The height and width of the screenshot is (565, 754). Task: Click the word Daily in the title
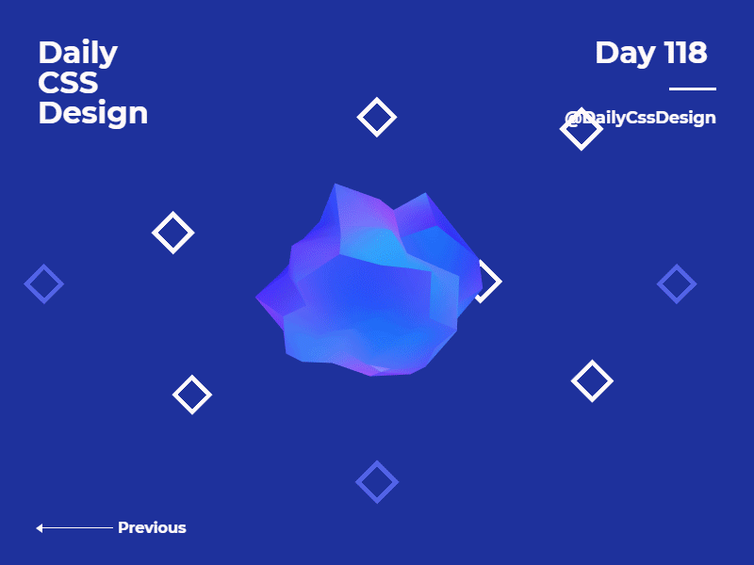(x=77, y=53)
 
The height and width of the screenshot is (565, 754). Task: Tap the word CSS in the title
(x=68, y=83)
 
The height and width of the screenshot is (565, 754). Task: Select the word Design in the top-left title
(x=92, y=113)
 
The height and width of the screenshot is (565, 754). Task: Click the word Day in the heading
(x=625, y=53)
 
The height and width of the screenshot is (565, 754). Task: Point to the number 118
(x=685, y=53)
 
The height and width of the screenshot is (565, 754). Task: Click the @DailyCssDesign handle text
(x=641, y=118)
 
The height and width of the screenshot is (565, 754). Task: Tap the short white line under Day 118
(x=692, y=89)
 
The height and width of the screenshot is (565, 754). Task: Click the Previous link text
(x=152, y=527)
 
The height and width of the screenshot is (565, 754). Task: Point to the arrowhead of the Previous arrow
(x=40, y=528)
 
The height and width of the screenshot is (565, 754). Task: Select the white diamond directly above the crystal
(x=377, y=117)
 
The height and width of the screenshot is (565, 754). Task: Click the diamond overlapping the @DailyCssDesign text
(x=581, y=128)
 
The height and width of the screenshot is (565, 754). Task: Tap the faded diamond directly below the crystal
(x=377, y=482)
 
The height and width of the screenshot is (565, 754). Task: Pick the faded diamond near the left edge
(x=44, y=283)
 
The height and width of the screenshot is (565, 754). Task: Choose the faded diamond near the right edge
(x=677, y=283)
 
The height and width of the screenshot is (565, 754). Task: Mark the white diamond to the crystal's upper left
(x=172, y=233)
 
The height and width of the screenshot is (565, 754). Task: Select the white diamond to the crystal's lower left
(x=192, y=395)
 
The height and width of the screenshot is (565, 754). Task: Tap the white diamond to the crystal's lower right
(x=592, y=381)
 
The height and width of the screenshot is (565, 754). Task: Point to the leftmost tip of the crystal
(x=257, y=299)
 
